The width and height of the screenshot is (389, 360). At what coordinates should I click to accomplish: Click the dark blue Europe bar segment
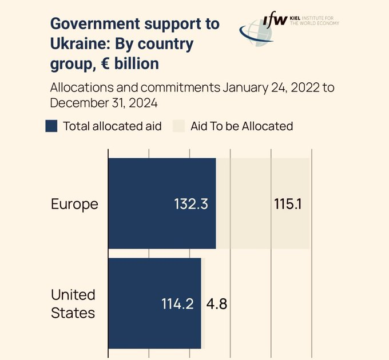(162, 203)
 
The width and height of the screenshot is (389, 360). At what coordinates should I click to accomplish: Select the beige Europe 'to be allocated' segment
(263, 203)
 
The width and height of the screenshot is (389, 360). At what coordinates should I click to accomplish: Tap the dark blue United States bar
(154, 303)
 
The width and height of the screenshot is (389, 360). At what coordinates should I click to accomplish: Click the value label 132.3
(190, 204)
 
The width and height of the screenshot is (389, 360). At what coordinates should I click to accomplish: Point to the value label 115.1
(288, 204)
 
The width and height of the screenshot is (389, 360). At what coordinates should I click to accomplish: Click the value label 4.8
(217, 304)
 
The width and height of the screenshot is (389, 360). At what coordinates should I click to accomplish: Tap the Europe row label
(74, 204)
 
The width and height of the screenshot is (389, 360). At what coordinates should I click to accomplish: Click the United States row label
(73, 303)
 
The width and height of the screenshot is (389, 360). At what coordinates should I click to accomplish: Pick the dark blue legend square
(51, 126)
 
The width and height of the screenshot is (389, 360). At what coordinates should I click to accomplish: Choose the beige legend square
(178, 126)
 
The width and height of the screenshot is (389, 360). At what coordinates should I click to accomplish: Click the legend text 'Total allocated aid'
(112, 126)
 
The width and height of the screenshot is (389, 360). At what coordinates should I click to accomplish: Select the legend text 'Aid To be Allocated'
(241, 126)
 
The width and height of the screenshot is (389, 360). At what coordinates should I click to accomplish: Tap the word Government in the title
(94, 24)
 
